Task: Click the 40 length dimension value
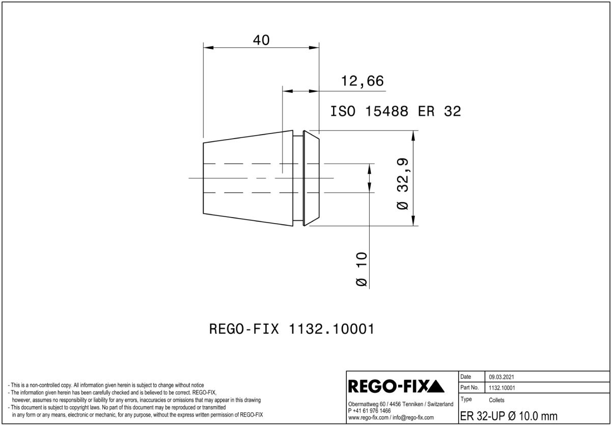(261, 40)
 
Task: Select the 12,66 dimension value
(362, 81)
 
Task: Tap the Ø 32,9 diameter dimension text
(403, 183)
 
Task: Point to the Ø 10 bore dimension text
(362, 269)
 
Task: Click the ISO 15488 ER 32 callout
(396, 112)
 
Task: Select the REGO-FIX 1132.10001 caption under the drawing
(292, 329)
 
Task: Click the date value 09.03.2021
(502, 377)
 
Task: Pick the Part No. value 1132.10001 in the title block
(502, 388)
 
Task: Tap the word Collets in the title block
(496, 400)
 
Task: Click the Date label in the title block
(465, 377)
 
